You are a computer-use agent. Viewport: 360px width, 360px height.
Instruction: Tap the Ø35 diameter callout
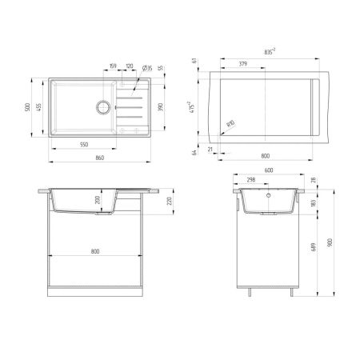(146, 69)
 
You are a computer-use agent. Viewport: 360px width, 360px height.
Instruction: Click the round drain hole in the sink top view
(102, 105)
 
